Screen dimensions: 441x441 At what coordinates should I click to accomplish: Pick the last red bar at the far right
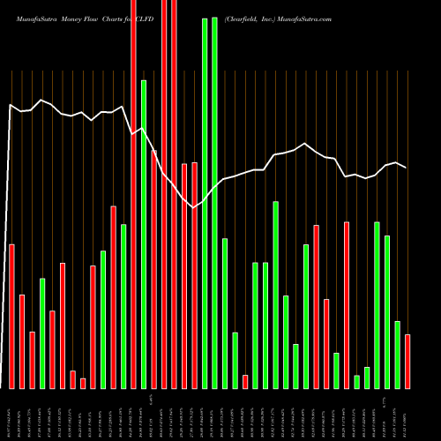tap(407, 361)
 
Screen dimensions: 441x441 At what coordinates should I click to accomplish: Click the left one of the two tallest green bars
tap(205, 203)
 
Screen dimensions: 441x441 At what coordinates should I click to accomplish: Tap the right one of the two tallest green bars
tap(214, 203)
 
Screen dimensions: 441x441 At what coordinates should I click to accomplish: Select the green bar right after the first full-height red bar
tap(144, 234)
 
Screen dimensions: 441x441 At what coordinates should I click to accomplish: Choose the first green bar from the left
tap(42, 333)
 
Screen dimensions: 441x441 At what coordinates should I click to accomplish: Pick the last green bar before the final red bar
tap(397, 355)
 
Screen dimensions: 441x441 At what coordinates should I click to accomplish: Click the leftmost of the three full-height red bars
tap(133, 194)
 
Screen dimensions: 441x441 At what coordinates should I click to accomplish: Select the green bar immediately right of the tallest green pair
tap(225, 313)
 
